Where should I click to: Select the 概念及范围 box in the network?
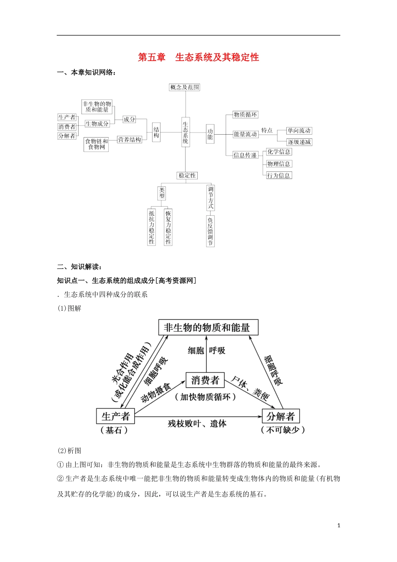pos(185,87)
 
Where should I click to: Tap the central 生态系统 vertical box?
pos(186,133)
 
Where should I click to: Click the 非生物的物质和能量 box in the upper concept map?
pos(97,107)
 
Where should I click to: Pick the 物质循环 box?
pos(245,115)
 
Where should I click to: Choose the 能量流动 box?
pos(245,134)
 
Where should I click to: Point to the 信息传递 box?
pos(245,155)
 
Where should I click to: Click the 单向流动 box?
pos(299,131)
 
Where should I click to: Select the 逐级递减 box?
pos(299,142)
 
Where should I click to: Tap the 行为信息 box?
pos(279,176)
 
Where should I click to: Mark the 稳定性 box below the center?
pos(187,176)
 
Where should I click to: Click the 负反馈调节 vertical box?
pos(210,231)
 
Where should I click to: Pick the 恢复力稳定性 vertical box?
pos(168,227)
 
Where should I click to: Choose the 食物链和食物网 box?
pos(97,144)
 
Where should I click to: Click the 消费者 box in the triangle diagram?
pos(205,380)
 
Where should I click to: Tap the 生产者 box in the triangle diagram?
pos(115,416)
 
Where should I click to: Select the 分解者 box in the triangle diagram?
pos(280,416)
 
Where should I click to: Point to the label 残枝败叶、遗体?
pos(197,424)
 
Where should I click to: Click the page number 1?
pos(339,526)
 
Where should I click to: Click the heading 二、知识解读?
pos(79,267)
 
